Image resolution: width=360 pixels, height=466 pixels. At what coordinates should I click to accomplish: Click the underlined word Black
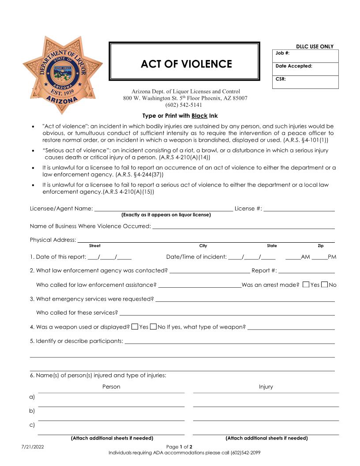click(199, 116)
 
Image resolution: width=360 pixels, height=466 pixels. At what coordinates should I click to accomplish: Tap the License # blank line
click(299, 208)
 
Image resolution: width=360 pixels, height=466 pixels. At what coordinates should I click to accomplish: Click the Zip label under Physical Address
click(320, 246)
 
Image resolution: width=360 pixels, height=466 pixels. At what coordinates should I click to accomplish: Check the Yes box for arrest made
click(306, 285)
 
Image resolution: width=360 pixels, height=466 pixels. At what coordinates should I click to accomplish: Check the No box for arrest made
click(325, 285)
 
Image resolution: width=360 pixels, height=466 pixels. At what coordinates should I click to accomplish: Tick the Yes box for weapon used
click(135, 327)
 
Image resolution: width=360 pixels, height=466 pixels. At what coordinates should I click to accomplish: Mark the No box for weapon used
click(154, 327)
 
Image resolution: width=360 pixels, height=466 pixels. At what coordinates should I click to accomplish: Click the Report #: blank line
click(306, 271)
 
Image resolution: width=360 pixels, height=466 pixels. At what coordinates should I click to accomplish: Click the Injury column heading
click(266, 387)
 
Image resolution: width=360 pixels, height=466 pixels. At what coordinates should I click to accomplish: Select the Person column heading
click(111, 387)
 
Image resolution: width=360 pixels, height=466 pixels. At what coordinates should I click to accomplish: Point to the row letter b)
click(32, 411)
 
